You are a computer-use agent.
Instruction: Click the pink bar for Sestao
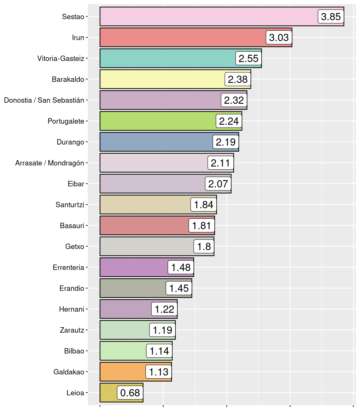click(x=209, y=17)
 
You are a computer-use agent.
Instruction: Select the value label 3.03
click(x=279, y=37)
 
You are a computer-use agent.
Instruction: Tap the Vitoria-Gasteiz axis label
click(x=61, y=58)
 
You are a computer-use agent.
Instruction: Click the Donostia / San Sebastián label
click(x=44, y=100)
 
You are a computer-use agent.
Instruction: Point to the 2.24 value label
click(x=229, y=121)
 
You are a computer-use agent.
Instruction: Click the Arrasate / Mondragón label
click(x=50, y=163)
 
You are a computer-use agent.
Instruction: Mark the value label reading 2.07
click(x=218, y=184)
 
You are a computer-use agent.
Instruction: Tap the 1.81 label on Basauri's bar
click(x=202, y=226)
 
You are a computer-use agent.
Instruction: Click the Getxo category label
click(x=75, y=246)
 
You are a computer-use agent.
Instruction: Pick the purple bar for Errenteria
click(x=134, y=267)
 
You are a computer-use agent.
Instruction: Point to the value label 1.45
click(x=179, y=288)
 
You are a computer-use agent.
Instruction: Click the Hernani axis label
click(x=72, y=309)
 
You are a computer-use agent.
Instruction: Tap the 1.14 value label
click(x=159, y=351)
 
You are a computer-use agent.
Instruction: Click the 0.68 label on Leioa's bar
click(x=130, y=393)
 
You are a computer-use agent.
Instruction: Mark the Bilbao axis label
click(x=74, y=351)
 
